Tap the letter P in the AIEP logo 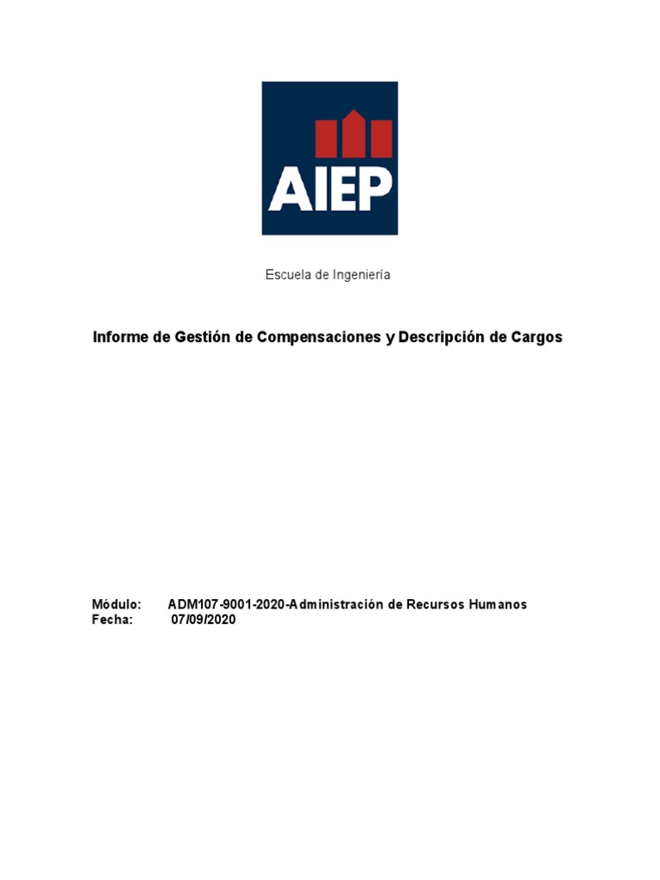coord(376,189)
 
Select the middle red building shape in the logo coord(352,136)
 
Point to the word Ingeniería coord(361,275)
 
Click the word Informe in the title coord(119,338)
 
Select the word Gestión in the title coord(198,338)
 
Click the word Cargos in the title coord(536,338)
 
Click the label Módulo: coord(116,605)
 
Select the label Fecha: coord(113,620)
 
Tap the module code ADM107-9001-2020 coord(226,605)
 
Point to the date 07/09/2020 coord(203,620)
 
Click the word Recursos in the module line coord(435,605)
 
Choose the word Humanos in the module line coord(498,605)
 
